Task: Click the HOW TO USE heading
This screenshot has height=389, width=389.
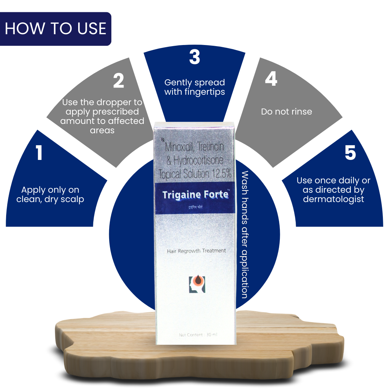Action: pos(55,29)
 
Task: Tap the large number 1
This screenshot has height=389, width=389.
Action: pos(39,153)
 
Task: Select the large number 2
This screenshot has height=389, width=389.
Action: pos(119,81)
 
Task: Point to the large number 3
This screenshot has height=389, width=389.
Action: pos(194,57)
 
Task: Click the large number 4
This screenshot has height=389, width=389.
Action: pos(271,79)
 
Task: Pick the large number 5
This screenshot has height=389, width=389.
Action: pos(350,153)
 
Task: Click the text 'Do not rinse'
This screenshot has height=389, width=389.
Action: pos(286,112)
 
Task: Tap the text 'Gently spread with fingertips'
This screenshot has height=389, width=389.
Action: pos(194,87)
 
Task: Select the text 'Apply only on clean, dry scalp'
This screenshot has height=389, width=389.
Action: pos(50,194)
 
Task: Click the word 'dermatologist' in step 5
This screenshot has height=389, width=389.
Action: pos(334,199)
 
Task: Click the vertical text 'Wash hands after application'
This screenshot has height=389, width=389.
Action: pos(245,234)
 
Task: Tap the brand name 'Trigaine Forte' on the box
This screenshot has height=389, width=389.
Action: pos(196,195)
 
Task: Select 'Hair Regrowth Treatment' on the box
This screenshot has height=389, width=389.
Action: pos(196,251)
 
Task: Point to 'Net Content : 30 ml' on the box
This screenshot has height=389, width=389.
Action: pos(198,335)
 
